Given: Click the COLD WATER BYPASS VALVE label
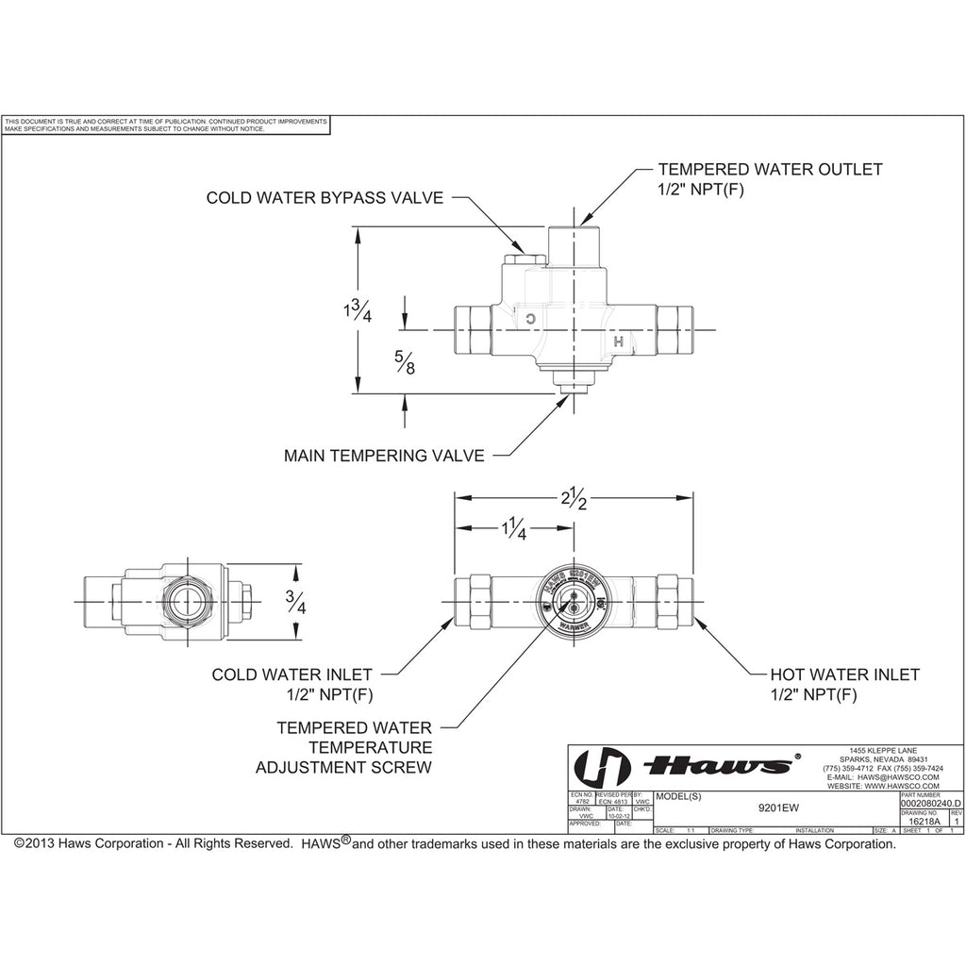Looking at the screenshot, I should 325,198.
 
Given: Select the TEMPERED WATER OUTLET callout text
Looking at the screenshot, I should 770,170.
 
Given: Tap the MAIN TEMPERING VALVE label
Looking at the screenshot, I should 384,456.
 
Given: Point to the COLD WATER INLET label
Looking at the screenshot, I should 291,675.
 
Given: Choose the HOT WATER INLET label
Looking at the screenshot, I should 844,675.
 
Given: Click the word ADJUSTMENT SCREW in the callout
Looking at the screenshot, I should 343,768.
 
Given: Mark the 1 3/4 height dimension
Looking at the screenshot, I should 358,309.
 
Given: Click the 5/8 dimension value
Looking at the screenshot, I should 404,361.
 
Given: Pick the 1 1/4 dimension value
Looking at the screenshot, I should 513,529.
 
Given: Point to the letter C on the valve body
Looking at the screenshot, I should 530,319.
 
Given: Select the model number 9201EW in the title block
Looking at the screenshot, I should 774,808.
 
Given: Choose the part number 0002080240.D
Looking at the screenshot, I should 932,803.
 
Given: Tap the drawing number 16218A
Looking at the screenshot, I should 922,822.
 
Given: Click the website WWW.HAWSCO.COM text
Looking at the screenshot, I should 882,786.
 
